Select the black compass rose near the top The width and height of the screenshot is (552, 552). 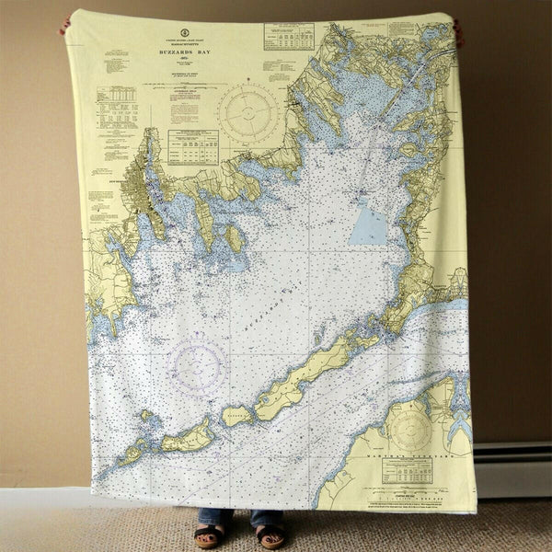[247, 113]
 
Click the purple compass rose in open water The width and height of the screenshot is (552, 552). [196, 366]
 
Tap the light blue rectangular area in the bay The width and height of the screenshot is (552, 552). [368, 224]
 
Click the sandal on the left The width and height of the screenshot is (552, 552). [209, 535]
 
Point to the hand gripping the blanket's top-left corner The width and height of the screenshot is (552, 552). [64, 26]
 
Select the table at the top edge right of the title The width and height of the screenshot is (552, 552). [288, 36]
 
